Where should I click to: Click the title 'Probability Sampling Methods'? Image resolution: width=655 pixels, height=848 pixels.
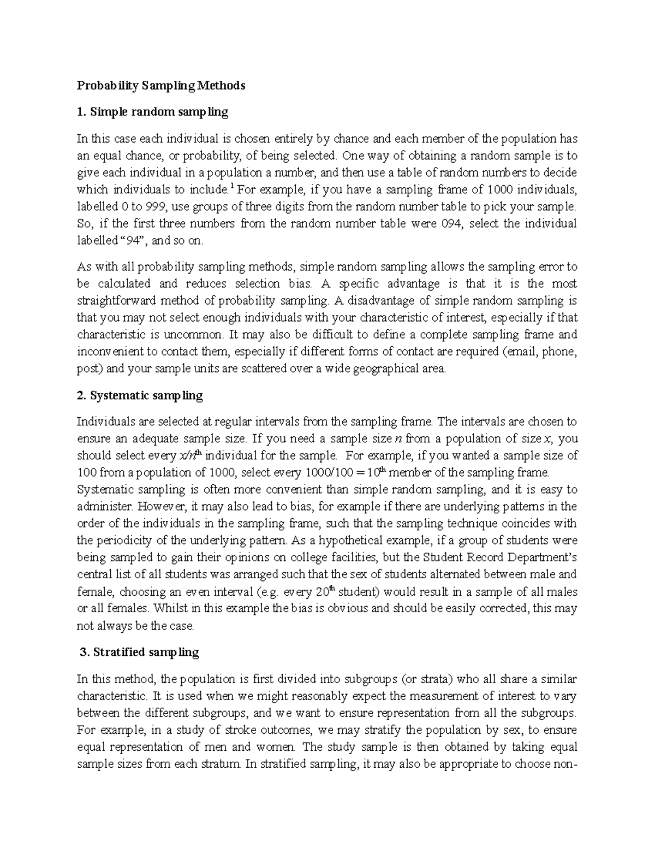point(161,86)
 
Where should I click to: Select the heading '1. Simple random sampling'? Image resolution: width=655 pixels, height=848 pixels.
point(152,112)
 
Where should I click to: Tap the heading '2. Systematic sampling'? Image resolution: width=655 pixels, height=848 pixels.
point(140,396)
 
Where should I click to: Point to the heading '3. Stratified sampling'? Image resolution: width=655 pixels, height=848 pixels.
point(139,652)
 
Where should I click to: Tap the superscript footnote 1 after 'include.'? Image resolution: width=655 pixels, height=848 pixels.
point(233,187)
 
